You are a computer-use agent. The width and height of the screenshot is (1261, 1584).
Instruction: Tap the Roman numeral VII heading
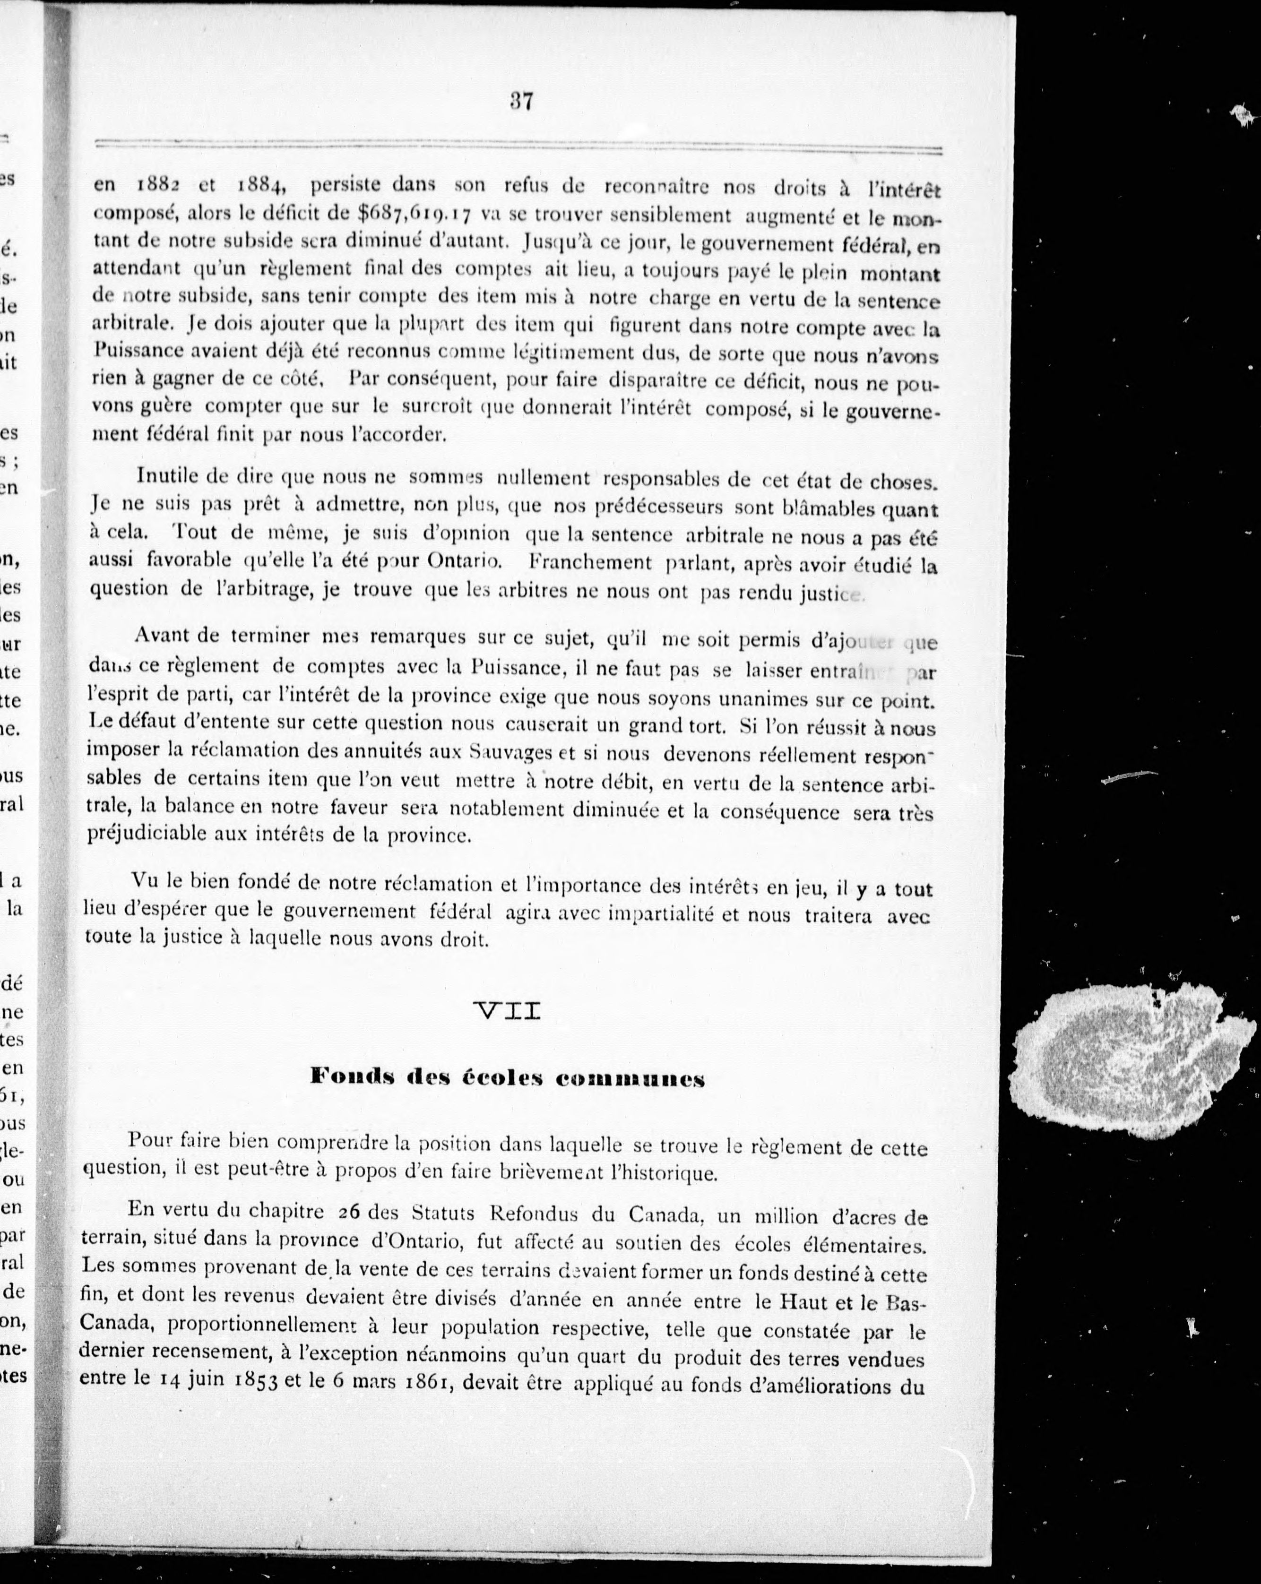pyautogui.click(x=509, y=1012)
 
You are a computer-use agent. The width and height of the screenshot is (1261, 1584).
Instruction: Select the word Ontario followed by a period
pyautogui.click(x=465, y=562)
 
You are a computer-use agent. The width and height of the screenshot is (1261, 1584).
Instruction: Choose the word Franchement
pyautogui.click(x=590, y=563)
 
